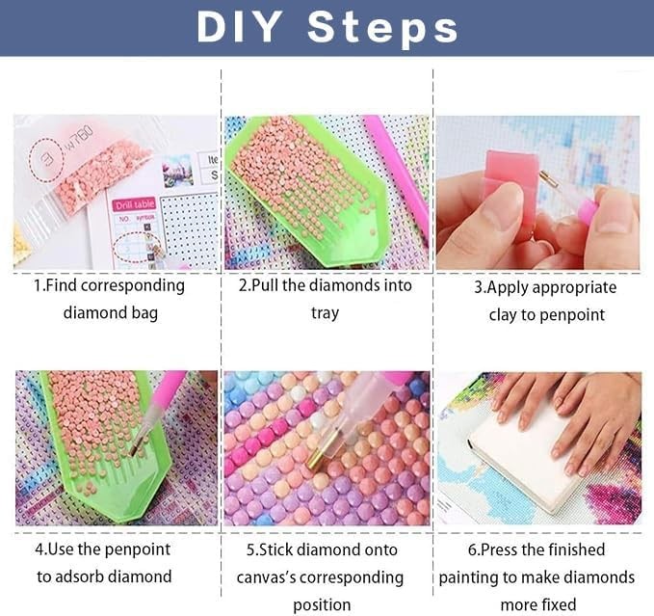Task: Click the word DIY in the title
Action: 239,28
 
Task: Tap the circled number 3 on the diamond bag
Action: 46,160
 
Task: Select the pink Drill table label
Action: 135,204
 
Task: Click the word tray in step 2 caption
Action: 325,313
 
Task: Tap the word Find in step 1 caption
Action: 60,286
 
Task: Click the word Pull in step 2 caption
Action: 265,285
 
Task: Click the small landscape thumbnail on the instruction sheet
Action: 178,171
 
